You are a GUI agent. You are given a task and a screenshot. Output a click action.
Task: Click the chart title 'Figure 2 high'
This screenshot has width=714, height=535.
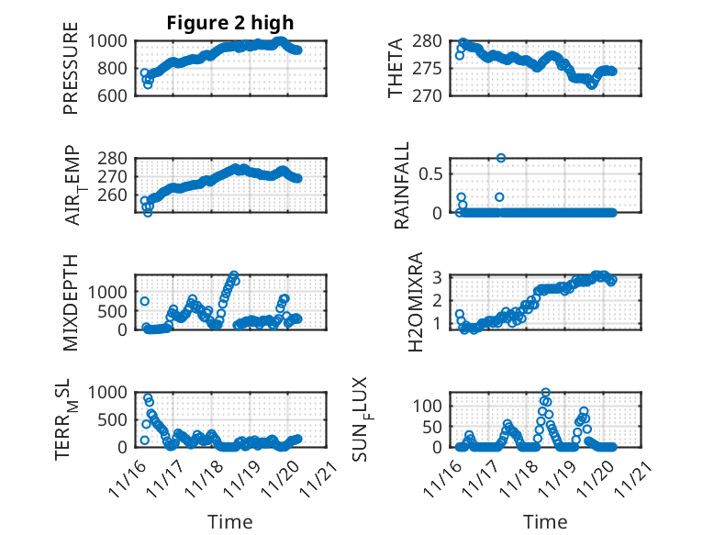(x=229, y=23)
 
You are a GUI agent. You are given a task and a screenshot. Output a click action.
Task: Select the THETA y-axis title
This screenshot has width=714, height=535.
(x=396, y=68)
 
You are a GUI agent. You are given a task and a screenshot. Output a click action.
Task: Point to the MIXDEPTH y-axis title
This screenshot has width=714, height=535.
(x=72, y=302)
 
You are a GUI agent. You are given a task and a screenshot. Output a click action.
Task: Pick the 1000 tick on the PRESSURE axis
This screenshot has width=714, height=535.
(x=113, y=40)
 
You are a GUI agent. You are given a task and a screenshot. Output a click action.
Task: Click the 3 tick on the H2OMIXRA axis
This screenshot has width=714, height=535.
(x=440, y=277)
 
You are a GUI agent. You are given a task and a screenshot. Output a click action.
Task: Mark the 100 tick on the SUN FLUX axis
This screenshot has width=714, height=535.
(x=431, y=405)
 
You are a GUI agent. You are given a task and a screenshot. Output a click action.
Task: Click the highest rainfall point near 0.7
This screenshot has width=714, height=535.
(x=501, y=158)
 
